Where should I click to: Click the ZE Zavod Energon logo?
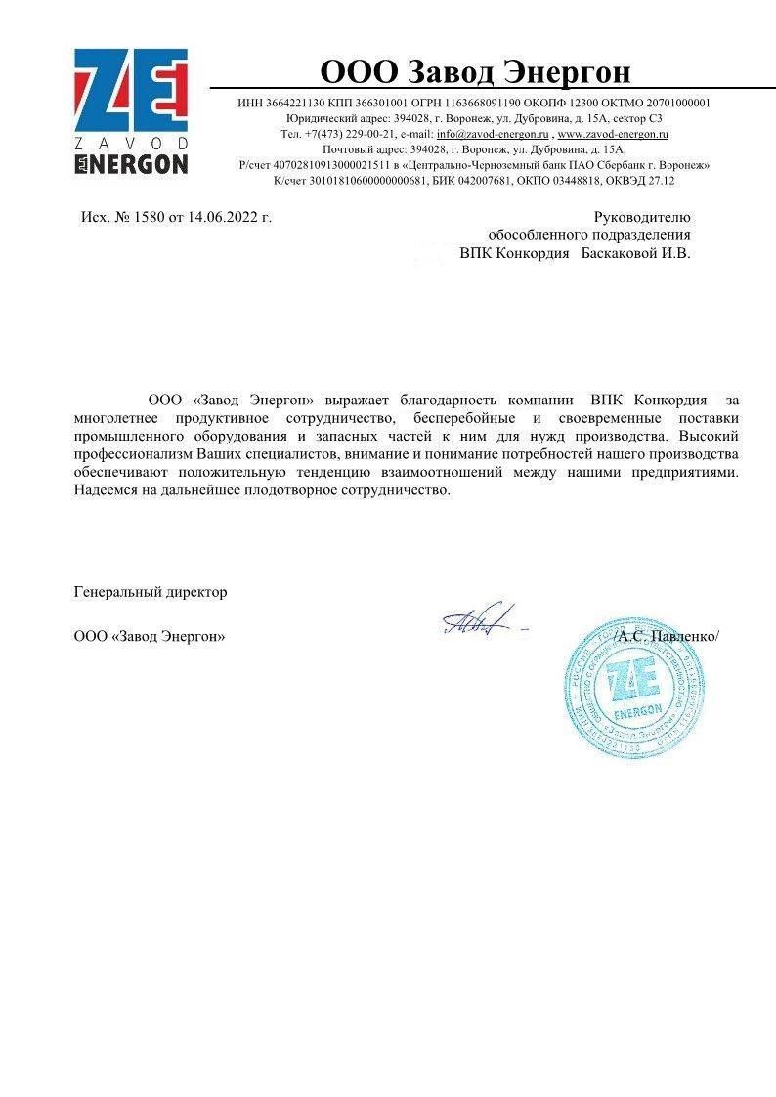132,111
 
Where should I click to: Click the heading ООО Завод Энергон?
476,72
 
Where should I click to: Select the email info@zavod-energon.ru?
493,134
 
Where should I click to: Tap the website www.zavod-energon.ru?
613,134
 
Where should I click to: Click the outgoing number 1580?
149,217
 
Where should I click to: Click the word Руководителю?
642,217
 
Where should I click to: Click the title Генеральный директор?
151,592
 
